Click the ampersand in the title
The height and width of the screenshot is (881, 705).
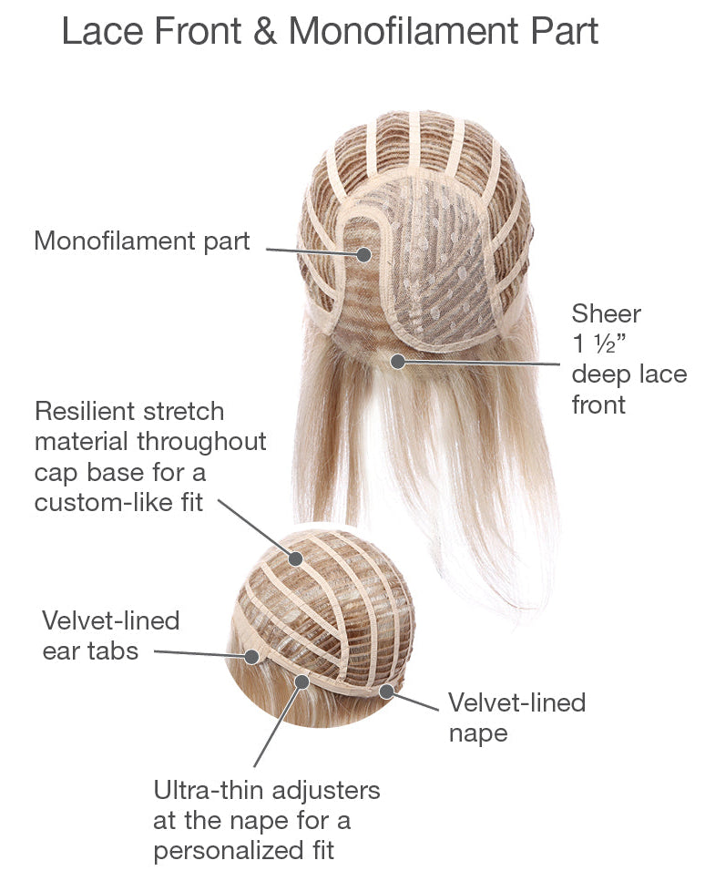tap(264, 31)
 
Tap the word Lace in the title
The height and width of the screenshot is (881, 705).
tap(103, 31)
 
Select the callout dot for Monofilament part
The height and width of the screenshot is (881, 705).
tap(364, 254)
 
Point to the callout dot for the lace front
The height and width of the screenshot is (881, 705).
tap(398, 362)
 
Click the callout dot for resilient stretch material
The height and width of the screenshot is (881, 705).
tap(295, 558)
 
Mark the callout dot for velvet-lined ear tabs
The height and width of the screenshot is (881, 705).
tap(251, 656)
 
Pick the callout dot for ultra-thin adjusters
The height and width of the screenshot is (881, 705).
tap(302, 682)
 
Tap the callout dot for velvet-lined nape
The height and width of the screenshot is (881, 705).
tap(386, 691)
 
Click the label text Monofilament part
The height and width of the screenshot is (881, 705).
tap(142, 241)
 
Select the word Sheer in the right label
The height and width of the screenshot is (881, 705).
tap(606, 313)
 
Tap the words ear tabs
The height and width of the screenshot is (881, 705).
tap(90, 651)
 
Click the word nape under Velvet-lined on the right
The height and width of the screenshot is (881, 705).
tap(478, 733)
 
